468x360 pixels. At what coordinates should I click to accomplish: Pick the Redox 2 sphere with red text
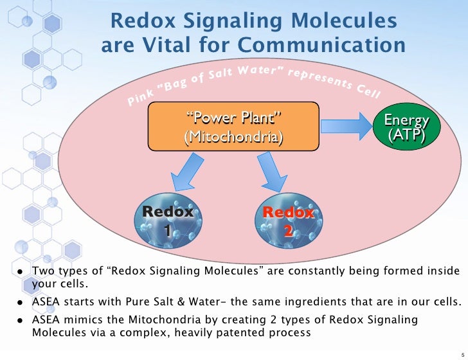288,219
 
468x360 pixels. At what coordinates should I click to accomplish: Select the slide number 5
462,351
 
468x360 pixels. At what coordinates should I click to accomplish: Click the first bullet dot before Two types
21,272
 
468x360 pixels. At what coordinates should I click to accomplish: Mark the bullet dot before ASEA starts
21,301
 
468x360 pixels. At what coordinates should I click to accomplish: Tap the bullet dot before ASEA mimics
21,321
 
